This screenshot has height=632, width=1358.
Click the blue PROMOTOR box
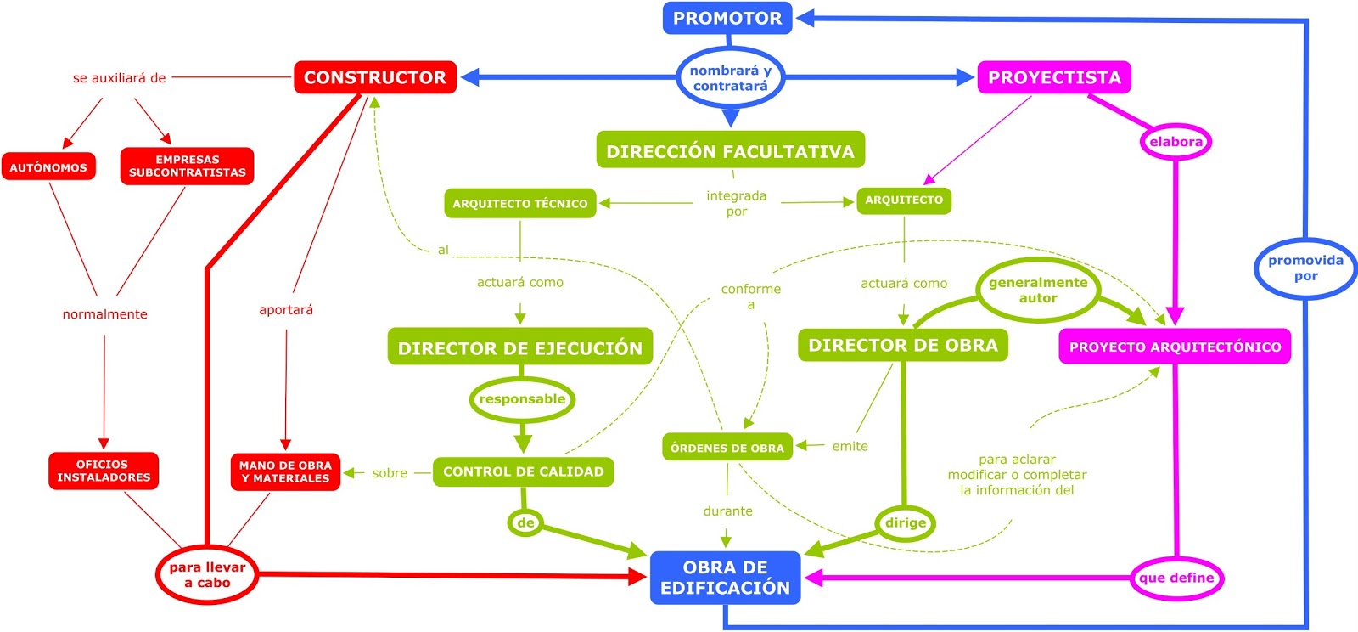(727, 18)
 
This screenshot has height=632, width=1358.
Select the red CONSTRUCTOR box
(374, 77)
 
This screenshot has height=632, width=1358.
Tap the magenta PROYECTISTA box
(1053, 77)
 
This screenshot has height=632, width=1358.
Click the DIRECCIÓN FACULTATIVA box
(730, 151)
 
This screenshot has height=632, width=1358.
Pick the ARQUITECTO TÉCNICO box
(519, 204)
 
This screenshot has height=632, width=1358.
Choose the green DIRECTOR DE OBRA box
(902, 346)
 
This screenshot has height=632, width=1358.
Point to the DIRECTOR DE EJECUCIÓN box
(519, 347)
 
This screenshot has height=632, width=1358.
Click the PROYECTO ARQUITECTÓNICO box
(1175, 347)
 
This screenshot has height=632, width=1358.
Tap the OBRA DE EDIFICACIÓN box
(725, 578)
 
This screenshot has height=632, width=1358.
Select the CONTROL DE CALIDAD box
(523, 471)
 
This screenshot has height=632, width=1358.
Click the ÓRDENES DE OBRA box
(727, 448)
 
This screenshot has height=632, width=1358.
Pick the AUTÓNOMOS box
(48, 167)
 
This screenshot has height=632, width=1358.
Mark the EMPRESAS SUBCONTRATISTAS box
(187, 166)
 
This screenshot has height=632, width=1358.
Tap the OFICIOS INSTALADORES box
(103, 471)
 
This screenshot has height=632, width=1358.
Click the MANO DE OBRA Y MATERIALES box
(285, 472)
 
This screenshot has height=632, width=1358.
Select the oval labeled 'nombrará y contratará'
(730, 78)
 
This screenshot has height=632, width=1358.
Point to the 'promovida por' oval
(1305, 268)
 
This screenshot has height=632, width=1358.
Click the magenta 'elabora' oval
(1175, 142)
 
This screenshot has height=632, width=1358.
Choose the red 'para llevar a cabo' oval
(207, 575)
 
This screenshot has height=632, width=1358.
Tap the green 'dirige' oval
(905, 523)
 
